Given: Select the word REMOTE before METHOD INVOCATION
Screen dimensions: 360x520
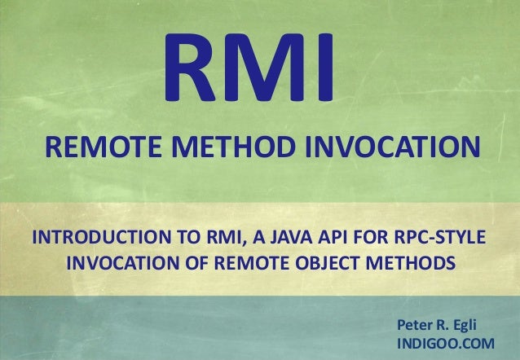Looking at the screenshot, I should pyautogui.click(x=97, y=148).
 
